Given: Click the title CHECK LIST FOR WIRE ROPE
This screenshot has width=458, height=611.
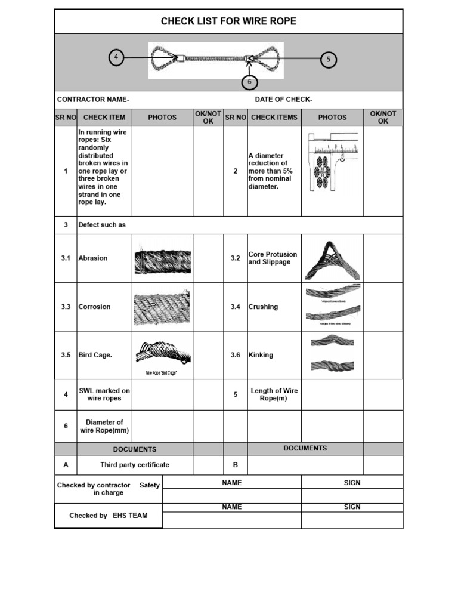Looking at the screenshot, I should [x=228, y=21].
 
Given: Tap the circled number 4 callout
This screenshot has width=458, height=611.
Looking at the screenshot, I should [x=116, y=58].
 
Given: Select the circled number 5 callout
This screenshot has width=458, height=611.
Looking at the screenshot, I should [x=328, y=60].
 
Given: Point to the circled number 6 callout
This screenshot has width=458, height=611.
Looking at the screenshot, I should [x=250, y=82].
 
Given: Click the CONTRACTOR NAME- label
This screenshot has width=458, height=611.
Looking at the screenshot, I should [x=93, y=100].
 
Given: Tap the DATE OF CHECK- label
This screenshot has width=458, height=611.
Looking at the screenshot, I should [x=283, y=100].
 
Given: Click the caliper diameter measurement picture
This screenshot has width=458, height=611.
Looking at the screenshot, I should [x=332, y=161].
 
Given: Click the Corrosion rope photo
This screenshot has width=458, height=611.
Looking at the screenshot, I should [x=162, y=307].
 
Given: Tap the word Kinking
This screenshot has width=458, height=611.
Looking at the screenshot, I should [x=261, y=355].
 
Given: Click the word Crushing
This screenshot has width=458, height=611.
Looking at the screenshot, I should [x=263, y=307].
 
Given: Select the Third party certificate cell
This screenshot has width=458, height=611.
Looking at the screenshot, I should [x=135, y=465].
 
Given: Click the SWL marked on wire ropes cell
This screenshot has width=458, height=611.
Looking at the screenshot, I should [x=104, y=394].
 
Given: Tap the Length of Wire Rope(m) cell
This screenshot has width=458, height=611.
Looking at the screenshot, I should [x=274, y=394].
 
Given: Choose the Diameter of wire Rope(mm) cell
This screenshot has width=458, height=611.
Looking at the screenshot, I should [x=104, y=426].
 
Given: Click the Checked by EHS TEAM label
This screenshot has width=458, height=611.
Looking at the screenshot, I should [x=108, y=516].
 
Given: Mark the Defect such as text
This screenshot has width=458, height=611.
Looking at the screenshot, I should [x=102, y=225].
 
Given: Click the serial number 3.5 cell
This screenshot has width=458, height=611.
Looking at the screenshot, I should [x=66, y=355].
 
